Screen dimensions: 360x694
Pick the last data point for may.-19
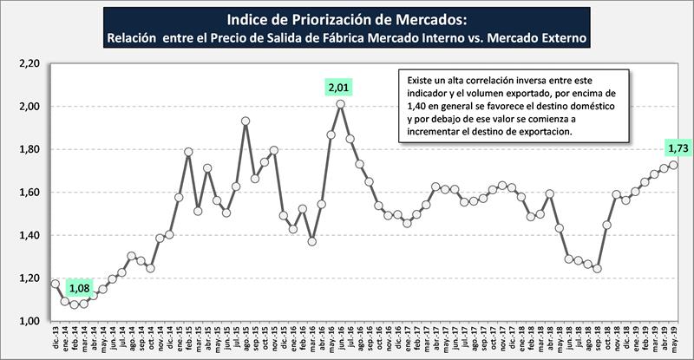(673, 165)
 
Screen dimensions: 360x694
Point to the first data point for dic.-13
(55, 284)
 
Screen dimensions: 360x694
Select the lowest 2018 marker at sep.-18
(597, 269)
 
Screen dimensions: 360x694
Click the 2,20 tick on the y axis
(29, 64)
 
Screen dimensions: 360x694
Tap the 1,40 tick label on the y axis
(29, 236)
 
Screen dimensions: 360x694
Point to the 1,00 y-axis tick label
(29, 322)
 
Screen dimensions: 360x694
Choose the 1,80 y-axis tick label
(29, 150)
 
